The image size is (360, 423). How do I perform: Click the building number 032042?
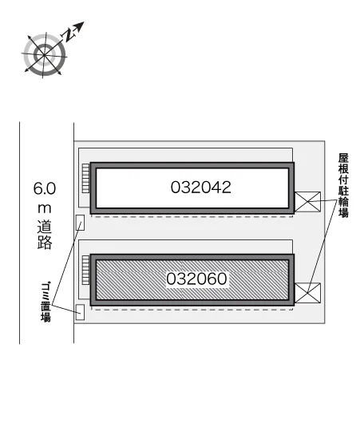(201, 188)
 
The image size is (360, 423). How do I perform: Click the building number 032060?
(196, 279)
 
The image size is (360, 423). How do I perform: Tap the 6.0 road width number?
(45, 188)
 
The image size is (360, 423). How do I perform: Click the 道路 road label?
(45, 235)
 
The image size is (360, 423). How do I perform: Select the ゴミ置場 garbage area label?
(46, 302)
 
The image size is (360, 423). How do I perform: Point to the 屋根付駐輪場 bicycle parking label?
(343, 186)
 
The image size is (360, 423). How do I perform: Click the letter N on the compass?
(68, 35)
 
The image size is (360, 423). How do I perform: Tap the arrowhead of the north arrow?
(79, 26)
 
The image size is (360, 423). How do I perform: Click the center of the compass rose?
(44, 55)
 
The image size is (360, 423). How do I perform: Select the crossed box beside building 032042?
(307, 202)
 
